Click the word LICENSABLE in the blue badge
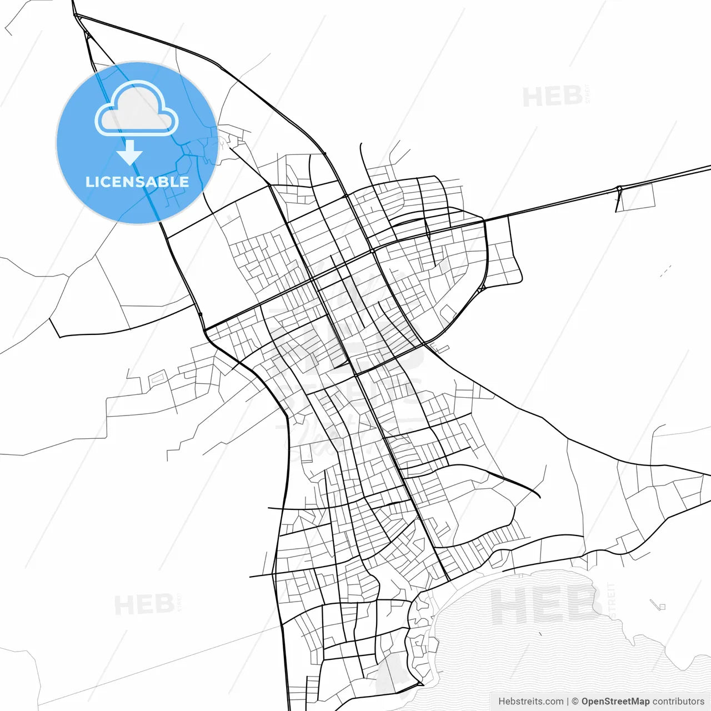tap(137, 182)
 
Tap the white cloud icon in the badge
tap(137, 109)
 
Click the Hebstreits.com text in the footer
tap(530, 702)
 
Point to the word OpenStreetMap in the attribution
tap(615, 702)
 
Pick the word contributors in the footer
tap(678, 702)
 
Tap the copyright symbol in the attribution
tap(575, 702)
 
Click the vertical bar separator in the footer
tap(567, 702)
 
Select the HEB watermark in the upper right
tap(552, 97)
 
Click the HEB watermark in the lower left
tap(144, 604)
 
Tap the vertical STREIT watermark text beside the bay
tap(611, 600)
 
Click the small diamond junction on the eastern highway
tap(619, 190)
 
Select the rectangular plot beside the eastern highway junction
tap(637, 197)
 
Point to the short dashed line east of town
tap(665, 271)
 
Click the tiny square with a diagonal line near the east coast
tap(659, 605)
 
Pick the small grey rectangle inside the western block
tap(157, 378)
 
